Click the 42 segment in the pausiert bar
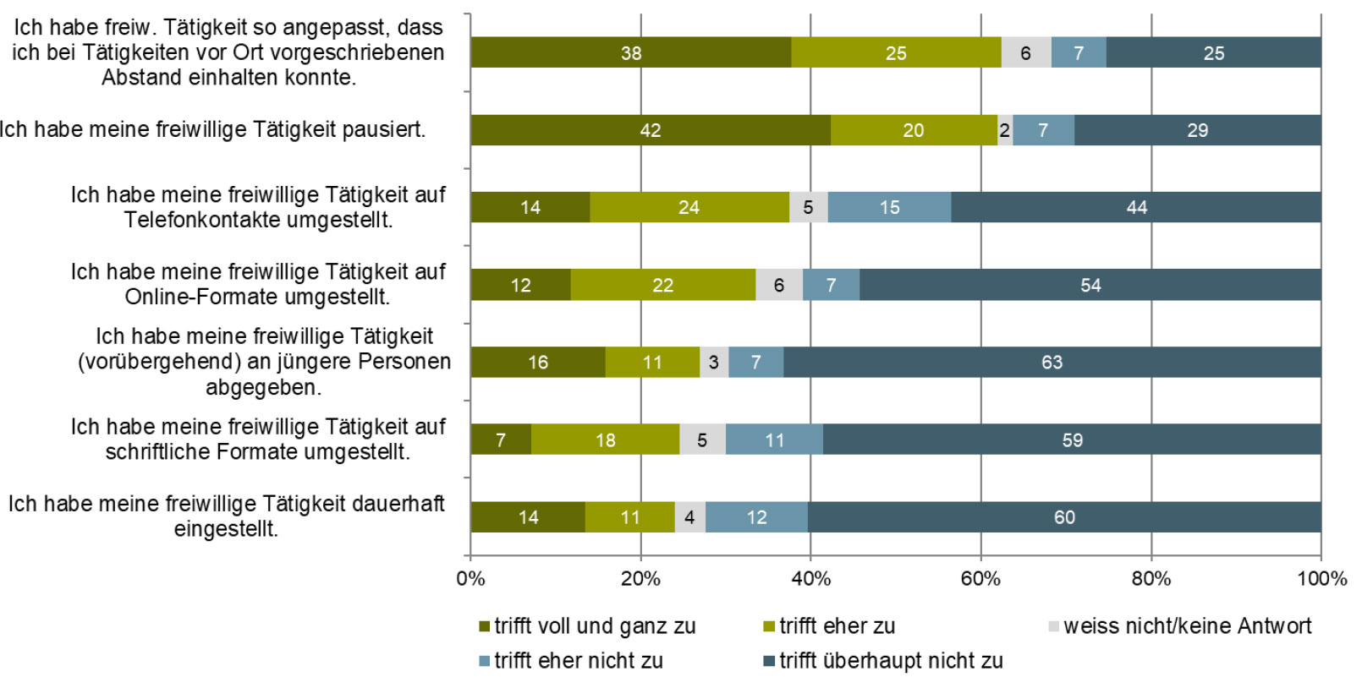click(x=650, y=130)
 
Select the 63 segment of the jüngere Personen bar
click(x=1052, y=363)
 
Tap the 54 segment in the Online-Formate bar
click(x=1090, y=285)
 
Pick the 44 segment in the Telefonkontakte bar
click(x=1136, y=208)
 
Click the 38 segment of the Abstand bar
click(x=630, y=53)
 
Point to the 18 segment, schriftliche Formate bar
click(x=605, y=440)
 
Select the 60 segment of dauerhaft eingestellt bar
click(x=1064, y=517)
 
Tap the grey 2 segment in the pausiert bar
click(x=1005, y=130)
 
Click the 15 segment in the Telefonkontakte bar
click(x=889, y=208)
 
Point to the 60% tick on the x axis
click(x=980, y=579)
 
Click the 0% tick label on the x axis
click(x=470, y=579)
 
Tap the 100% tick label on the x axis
click(x=1321, y=579)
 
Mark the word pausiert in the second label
click(x=382, y=129)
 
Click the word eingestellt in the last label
click(x=226, y=530)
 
